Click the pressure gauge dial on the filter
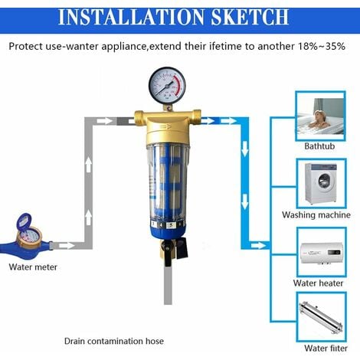pyautogui.click(x=167, y=86)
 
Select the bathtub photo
pyautogui.click(x=321, y=116)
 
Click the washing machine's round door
pyautogui.click(x=326, y=181)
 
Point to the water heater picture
pyautogui.click(x=322, y=252)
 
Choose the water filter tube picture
pyautogui.click(x=322, y=317)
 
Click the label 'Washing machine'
pyautogui.click(x=316, y=215)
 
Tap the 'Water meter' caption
pyautogui.click(x=33, y=267)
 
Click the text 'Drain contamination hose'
pyautogui.click(x=114, y=341)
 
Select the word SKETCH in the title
pyautogui.click(x=250, y=17)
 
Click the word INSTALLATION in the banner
pyautogui.click(x=131, y=17)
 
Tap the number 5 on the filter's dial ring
pyautogui.click(x=171, y=225)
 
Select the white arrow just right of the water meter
pyautogui.click(x=67, y=246)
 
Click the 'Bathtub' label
pyautogui.click(x=319, y=146)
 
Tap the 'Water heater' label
pyautogui.click(x=318, y=283)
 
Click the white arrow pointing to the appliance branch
pyautogui.click(x=259, y=246)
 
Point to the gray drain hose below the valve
pyautogui.click(x=168, y=285)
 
